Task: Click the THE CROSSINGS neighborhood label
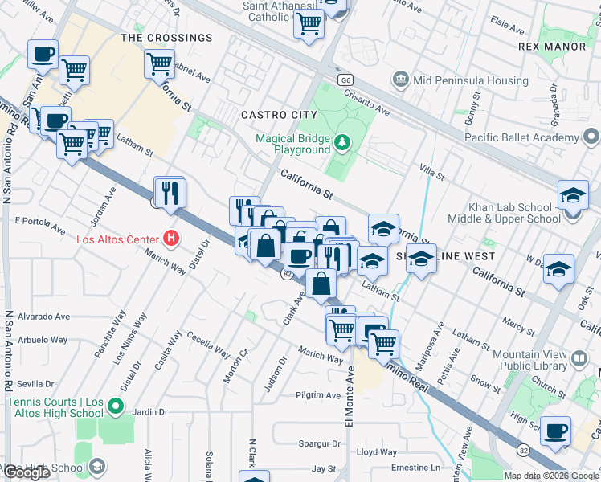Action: (166, 38)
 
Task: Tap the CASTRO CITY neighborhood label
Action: (280, 115)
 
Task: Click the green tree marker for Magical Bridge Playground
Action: (343, 143)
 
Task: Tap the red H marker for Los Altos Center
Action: (170, 239)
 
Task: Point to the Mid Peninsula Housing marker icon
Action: (400, 80)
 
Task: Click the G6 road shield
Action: (345, 80)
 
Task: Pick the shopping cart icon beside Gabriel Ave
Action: (159, 62)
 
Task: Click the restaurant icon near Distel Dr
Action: (170, 193)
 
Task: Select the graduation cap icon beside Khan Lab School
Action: (573, 195)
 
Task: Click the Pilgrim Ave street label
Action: (318, 395)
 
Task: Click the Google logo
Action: (28, 472)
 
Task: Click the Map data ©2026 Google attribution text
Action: (550, 476)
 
